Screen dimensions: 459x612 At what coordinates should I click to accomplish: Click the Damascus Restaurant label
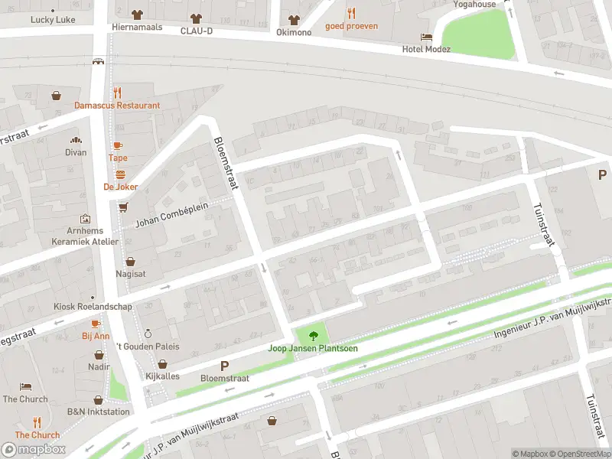click(x=117, y=106)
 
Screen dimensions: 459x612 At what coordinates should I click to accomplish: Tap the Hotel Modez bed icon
click(x=426, y=37)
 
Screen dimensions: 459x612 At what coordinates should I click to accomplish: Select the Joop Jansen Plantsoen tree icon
click(x=312, y=335)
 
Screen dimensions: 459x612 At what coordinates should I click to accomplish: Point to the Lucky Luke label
click(x=53, y=20)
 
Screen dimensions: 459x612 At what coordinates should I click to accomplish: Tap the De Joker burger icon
click(x=120, y=174)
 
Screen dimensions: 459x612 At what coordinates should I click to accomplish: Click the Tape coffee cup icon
click(x=118, y=145)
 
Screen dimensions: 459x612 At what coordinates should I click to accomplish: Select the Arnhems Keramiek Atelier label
click(x=85, y=236)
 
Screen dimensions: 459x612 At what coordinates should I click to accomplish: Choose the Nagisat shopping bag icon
click(x=130, y=261)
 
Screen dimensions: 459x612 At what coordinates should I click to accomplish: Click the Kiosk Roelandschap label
click(x=92, y=307)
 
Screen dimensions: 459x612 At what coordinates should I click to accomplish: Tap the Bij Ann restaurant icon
click(x=96, y=324)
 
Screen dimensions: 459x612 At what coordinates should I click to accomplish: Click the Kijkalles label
click(x=161, y=377)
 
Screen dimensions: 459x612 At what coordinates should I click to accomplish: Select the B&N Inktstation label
click(x=99, y=412)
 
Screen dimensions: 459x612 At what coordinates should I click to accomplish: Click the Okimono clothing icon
click(x=294, y=19)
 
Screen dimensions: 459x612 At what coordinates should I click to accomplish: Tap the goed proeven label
click(x=351, y=26)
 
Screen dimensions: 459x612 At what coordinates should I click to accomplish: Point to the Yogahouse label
click(x=474, y=4)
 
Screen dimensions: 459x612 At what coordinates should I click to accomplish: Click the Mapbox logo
click(x=34, y=450)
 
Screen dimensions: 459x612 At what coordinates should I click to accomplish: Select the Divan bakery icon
click(x=76, y=140)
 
